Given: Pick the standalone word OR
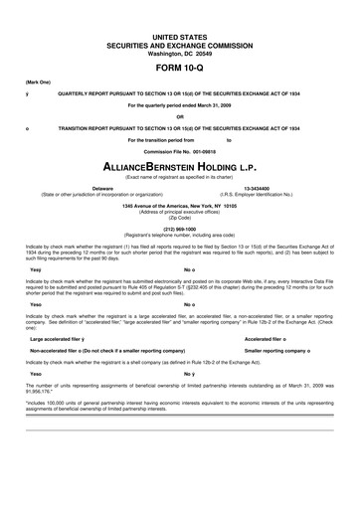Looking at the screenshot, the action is (x=180, y=115).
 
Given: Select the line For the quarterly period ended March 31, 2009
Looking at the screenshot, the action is (x=180, y=102).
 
